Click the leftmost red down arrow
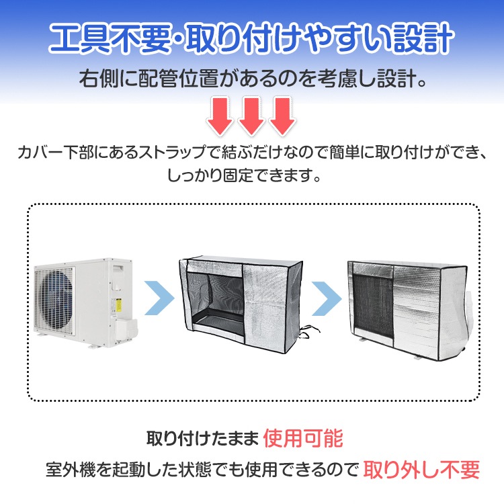point(220,116)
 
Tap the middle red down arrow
point(251,116)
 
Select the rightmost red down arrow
point(282,116)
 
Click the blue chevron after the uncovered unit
point(159,298)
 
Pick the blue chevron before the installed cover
point(327,298)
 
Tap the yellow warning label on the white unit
point(118,305)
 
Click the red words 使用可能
point(303,438)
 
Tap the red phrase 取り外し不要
point(421,470)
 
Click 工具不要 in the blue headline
point(110,38)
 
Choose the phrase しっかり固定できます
point(244,175)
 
